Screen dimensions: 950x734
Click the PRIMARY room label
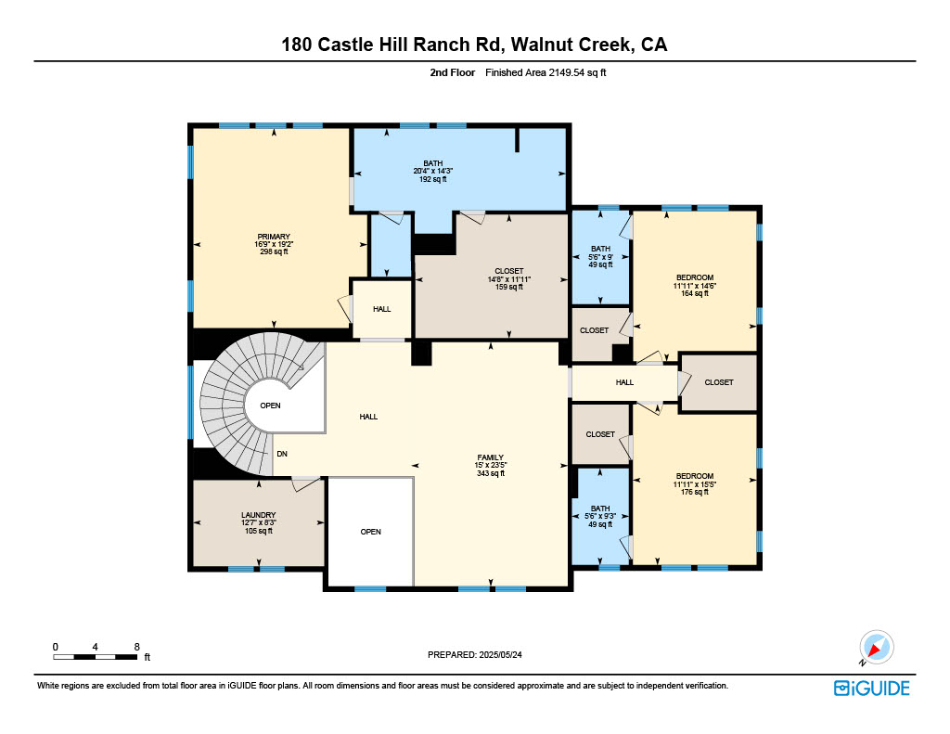[x=274, y=237]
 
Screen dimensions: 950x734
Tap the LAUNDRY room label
[x=259, y=515]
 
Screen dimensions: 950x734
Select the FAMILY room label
[x=490, y=457]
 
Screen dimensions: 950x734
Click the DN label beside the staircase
[x=282, y=454]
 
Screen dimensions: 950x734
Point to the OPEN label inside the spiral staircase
[x=270, y=406]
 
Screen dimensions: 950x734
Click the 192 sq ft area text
[x=433, y=179]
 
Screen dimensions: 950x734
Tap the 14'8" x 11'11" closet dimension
[x=509, y=279]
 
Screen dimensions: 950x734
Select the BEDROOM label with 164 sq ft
[x=695, y=277]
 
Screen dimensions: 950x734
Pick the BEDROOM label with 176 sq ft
[x=695, y=476]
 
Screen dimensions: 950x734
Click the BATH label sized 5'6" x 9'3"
[x=600, y=509]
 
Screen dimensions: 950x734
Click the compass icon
[x=876, y=648]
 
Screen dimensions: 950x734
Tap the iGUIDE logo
[x=872, y=689]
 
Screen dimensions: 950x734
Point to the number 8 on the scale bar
[x=137, y=647]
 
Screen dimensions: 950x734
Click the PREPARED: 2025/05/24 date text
[x=475, y=654]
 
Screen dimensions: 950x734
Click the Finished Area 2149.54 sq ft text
[x=546, y=72]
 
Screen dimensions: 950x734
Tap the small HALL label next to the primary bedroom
[x=381, y=309]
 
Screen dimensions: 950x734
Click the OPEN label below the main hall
[x=371, y=532]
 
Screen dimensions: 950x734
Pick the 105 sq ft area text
[x=259, y=531]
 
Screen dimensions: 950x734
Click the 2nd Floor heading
[x=453, y=72]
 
